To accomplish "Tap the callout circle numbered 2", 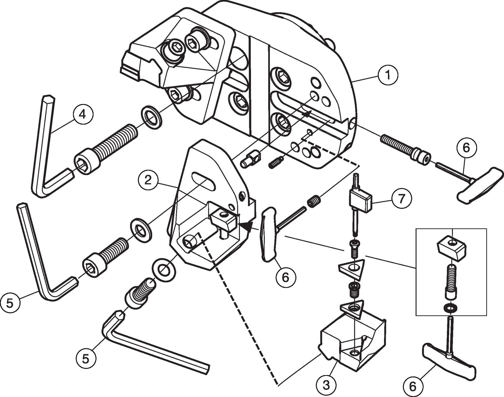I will tap(148, 181).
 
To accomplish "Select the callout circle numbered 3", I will tap(326, 385).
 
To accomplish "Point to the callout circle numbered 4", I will tap(82, 114).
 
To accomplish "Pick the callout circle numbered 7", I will tap(401, 199).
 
